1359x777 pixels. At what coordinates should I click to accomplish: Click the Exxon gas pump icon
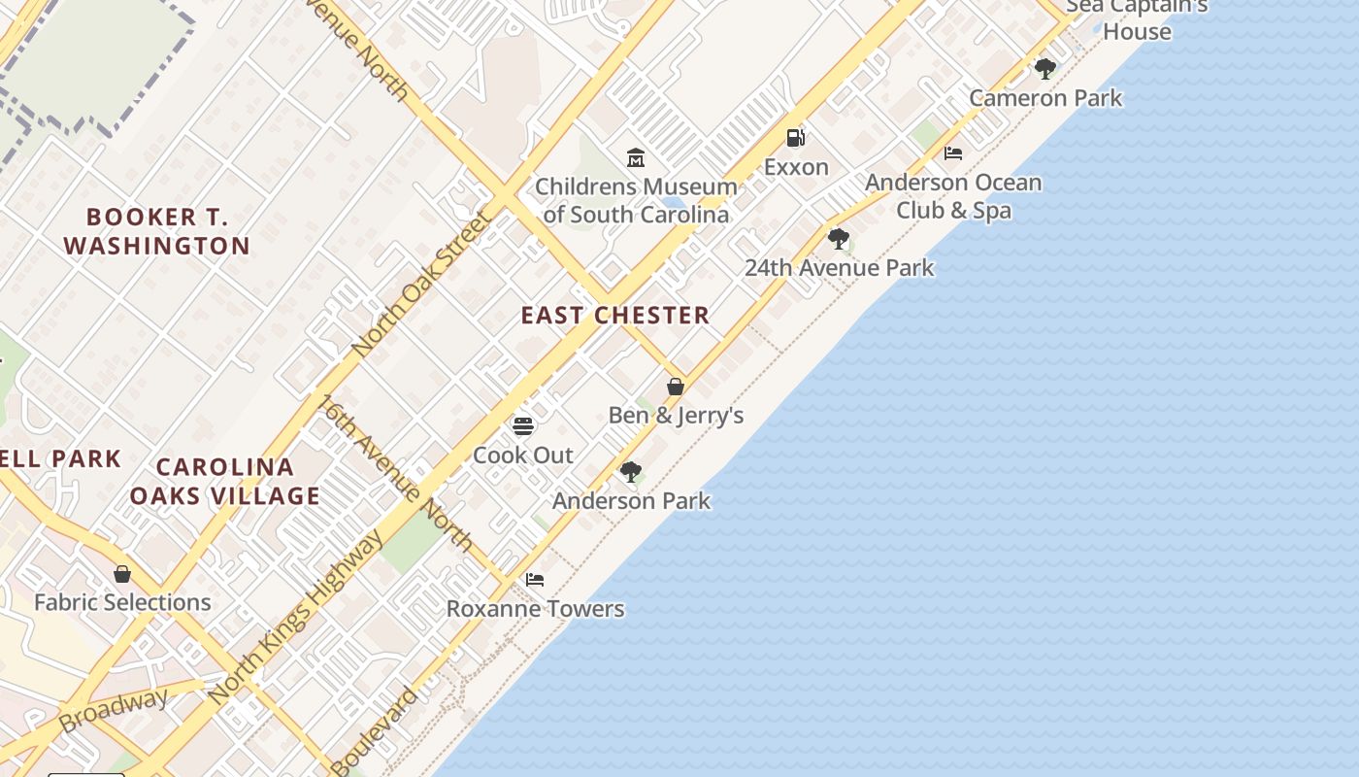795,138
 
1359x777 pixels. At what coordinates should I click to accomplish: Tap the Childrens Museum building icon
636,156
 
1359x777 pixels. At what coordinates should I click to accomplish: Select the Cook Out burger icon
523,425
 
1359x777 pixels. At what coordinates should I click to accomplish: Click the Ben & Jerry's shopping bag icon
676,387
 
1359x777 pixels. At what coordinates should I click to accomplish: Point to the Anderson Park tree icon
631,472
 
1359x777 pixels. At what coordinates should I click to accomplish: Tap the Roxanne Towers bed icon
535,580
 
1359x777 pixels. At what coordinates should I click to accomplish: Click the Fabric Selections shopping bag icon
122,574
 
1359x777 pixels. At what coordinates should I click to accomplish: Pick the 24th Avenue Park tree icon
839,238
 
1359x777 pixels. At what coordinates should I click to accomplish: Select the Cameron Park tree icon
1045,69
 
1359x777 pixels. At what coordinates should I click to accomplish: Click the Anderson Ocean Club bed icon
953,153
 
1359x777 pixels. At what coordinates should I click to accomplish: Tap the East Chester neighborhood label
615,316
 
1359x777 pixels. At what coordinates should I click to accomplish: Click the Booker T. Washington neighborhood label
157,231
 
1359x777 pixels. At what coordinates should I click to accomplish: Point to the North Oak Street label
422,284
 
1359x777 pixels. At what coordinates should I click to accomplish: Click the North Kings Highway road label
297,618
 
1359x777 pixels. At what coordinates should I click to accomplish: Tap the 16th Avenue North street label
397,472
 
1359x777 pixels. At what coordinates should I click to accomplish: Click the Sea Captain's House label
1137,18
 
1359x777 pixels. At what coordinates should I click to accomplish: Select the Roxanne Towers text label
535,609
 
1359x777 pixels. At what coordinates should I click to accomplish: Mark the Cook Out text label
523,455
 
